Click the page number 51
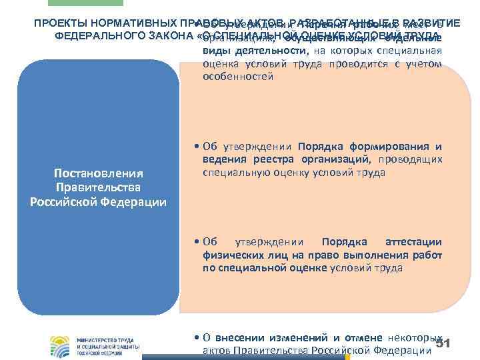(x=443, y=343)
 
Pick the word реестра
(x=271, y=160)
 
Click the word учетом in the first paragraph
(x=425, y=64)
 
